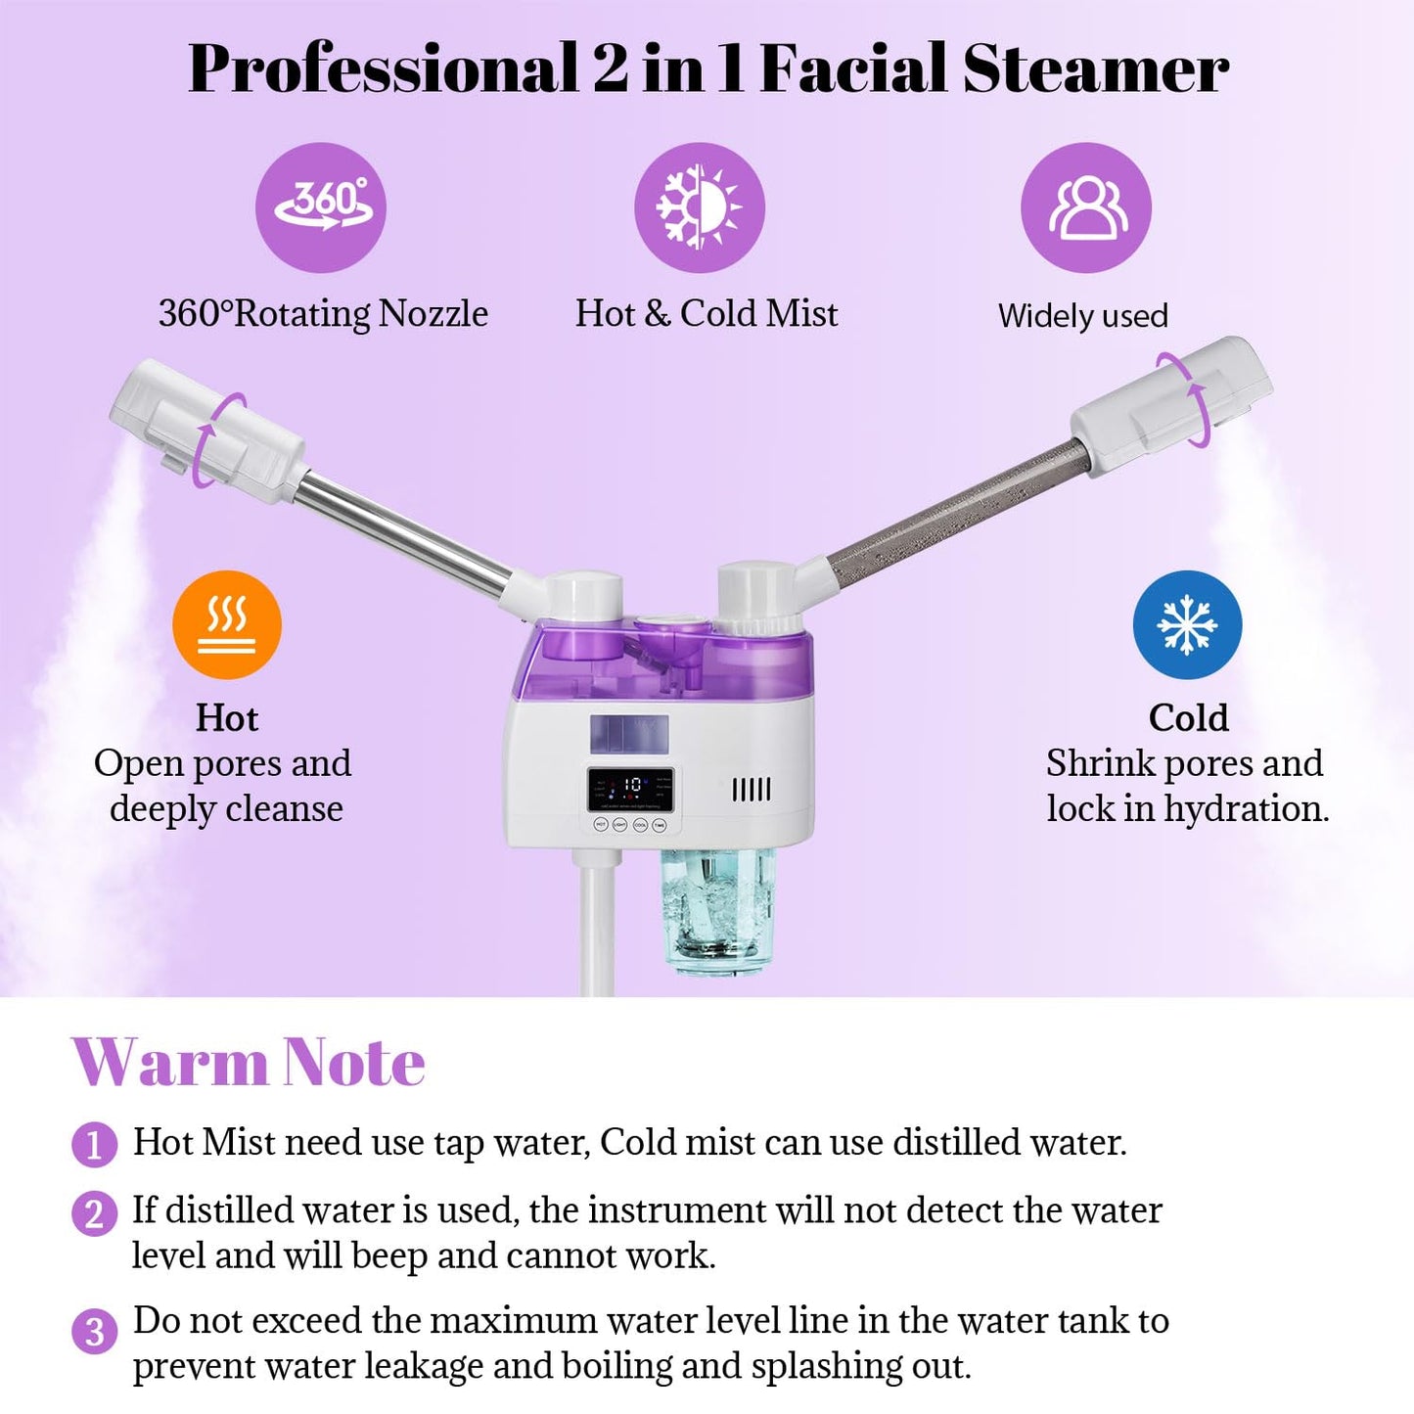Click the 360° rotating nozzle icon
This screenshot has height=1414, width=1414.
[x=321, y=207]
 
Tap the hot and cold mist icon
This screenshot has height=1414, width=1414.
[x=699, y=207]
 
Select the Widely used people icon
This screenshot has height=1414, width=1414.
[x=1086, y=207]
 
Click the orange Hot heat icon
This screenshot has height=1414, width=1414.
[x=227, y=625]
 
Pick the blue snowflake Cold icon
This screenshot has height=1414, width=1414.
[x=1187, y=625]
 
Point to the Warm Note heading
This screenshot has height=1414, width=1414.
[x=249, y=1062]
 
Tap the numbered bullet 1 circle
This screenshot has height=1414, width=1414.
[x=94, y=1144]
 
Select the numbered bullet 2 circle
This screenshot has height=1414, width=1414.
[x=94, y=1213]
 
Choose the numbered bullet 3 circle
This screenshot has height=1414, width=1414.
[x=94, y=1331]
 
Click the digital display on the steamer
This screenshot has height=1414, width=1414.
[x=631, y=788]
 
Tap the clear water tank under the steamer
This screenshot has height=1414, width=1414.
[x=716, y=910]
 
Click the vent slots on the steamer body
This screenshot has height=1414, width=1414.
[x=752, y=789]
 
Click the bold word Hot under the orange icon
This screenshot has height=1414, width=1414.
[x=227, y=718]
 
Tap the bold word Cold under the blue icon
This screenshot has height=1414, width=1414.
[x=1188, y=718]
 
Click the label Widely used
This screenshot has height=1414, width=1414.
[x=1083, y=316]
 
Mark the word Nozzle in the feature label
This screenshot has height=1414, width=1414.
[x=433, y=314]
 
